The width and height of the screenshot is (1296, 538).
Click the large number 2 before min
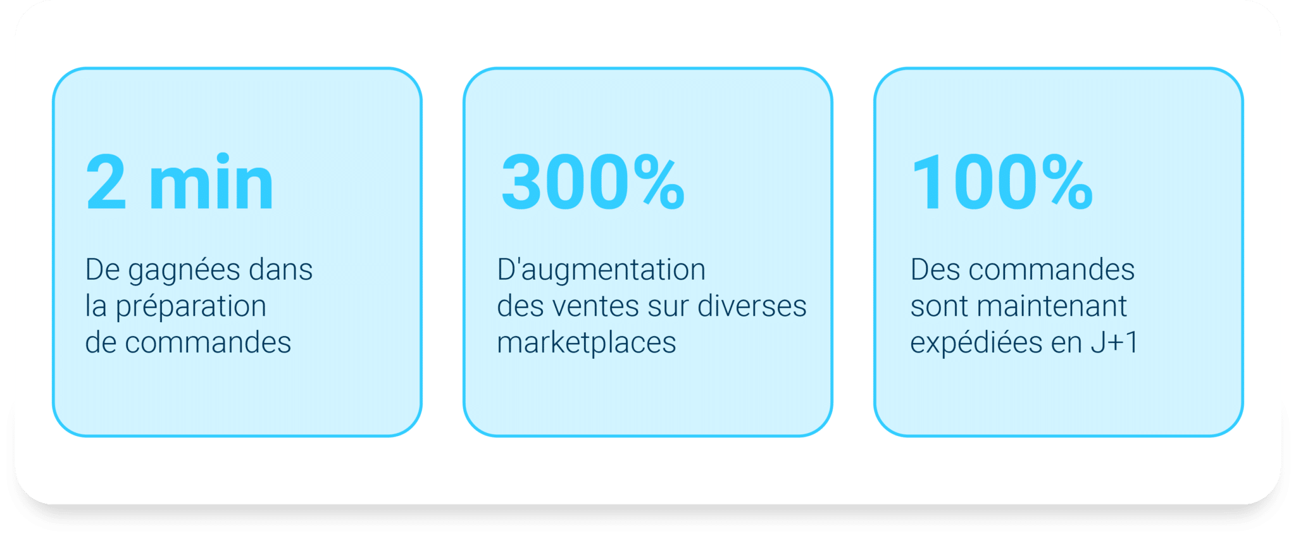click(106, 183)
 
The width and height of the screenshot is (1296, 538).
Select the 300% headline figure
click(593, 182)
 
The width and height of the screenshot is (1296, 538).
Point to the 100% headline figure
click(1002, 182)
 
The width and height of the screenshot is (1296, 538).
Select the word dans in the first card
click(281, 269)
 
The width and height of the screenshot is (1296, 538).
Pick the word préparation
click(190, 308)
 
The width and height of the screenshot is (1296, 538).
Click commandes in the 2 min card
click(208, 342)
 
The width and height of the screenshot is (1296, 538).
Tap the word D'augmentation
click(601, 269)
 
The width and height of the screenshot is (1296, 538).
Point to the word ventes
click(595, 306)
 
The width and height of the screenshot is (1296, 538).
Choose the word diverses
click(752, 306)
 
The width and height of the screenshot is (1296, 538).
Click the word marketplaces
click(587, 344)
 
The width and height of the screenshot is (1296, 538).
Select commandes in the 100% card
click(1051, 269)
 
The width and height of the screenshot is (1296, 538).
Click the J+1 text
click(1114, 343)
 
